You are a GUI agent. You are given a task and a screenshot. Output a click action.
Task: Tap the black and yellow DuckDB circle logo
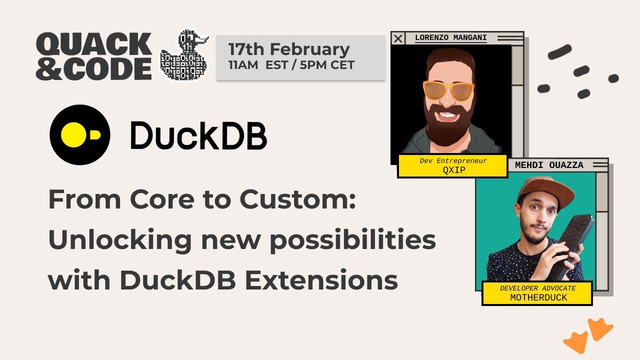click(x=80, y=135)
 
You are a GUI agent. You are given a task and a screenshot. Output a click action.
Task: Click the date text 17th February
click(x=288, y=49)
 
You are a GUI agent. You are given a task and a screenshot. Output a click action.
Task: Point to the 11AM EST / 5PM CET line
click(x=291, y=65)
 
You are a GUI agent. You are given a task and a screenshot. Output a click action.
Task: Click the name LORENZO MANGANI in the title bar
click(x=451, y=37)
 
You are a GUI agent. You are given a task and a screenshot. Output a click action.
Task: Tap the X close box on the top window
click(x=398, y=38)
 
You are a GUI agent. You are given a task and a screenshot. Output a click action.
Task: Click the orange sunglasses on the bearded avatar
click(x=448, y=90)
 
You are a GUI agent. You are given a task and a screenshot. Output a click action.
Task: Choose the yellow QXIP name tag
click(x=453, y=165)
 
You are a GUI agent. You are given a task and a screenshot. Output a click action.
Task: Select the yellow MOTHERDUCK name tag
click(x=537, y=293)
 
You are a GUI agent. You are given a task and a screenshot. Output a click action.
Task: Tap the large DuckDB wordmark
click(x=198, y=135)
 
